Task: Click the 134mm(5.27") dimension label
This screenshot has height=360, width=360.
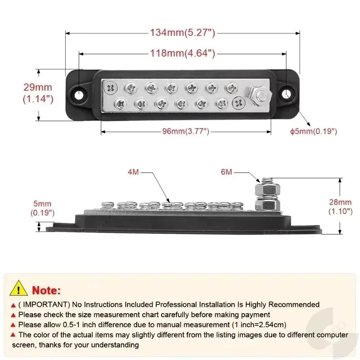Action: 183,32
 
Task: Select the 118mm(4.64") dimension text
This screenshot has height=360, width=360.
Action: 183,53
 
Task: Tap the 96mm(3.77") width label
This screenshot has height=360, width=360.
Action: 186,131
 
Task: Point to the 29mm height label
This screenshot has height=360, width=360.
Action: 38,87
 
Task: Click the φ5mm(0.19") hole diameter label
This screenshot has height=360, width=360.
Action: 314,131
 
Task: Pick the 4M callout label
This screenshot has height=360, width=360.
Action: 133,172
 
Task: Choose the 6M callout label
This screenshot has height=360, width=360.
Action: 226,172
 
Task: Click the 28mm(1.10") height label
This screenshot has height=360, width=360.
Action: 340,207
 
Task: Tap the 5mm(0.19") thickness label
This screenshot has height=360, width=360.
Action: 42,208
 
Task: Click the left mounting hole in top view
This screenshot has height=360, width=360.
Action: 79,94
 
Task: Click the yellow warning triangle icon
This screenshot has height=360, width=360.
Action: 18,288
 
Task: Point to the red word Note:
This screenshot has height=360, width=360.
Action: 46,290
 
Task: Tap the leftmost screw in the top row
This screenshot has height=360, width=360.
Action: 111,87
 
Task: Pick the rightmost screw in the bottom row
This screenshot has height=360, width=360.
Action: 239,103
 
